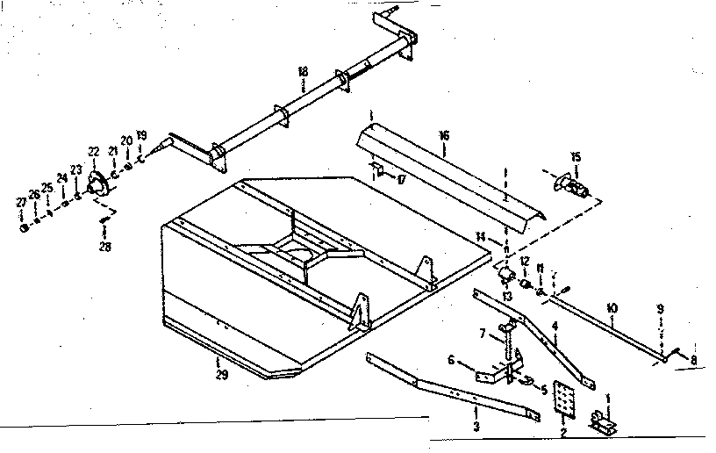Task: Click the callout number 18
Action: point(302,71)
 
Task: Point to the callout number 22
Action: point(93,152)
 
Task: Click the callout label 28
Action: point(105,247)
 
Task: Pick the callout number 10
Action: point(612,308)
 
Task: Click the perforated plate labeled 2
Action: point(566,402)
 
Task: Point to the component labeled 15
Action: point(571,188)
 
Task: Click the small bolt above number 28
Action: point(104,220)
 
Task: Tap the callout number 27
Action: point(22,203)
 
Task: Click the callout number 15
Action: point(576,157)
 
